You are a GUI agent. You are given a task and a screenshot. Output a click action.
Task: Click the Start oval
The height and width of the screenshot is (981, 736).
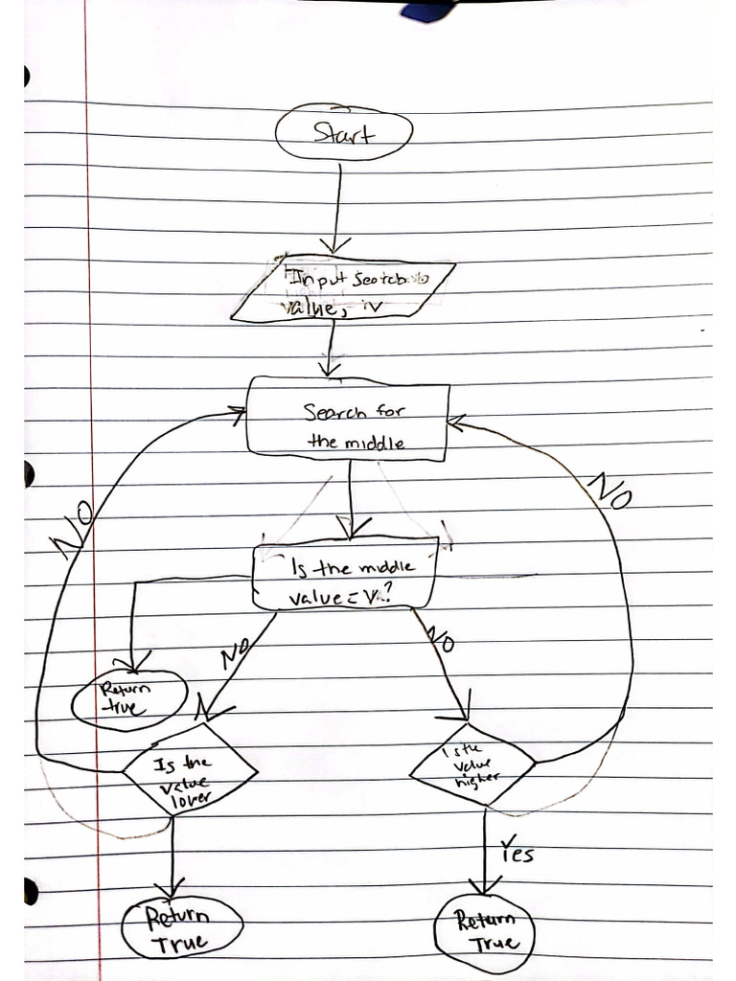tap(343, 134)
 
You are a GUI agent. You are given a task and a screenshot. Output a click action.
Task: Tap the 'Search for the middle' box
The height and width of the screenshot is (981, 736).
tap(348, 419)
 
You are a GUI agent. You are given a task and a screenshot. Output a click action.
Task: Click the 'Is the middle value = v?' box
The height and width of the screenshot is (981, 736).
tap(345, 577)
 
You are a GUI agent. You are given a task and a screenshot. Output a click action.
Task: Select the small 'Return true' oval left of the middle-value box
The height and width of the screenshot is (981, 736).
tap(129, 699)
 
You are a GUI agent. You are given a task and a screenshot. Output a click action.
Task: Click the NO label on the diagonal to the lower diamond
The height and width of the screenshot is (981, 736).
tap(233, 655)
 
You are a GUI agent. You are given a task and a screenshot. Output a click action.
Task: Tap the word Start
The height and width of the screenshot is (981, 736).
tap(343, 134)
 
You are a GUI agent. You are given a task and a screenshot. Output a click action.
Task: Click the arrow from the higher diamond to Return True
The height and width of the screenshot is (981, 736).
tap(485, 848)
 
